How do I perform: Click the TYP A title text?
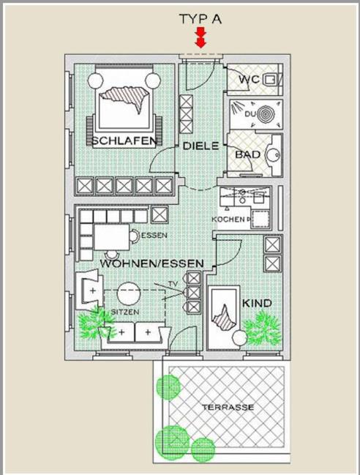(x=200, y=19)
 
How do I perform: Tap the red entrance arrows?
(x=200, y=37)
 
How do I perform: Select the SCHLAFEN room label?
(x=124, y=141)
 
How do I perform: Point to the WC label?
(x=250, y=79)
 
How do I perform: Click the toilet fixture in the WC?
(x=271, y=80)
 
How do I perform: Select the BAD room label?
(x=247, y=154)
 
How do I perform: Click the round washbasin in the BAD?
(x=274, y=155)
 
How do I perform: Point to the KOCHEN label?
(x=228, y=219)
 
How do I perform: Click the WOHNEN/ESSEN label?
(x=151, y=263)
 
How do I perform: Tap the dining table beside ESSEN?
(x=112, y=236)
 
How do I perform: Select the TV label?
(x=173, y=284)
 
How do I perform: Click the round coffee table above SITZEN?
(x=129, y=293)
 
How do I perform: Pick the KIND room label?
(x=257, y=303)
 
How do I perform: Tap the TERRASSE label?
(x=228, y=407)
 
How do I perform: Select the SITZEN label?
(x=124, y=312)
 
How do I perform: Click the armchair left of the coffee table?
(x=89, y=291)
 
